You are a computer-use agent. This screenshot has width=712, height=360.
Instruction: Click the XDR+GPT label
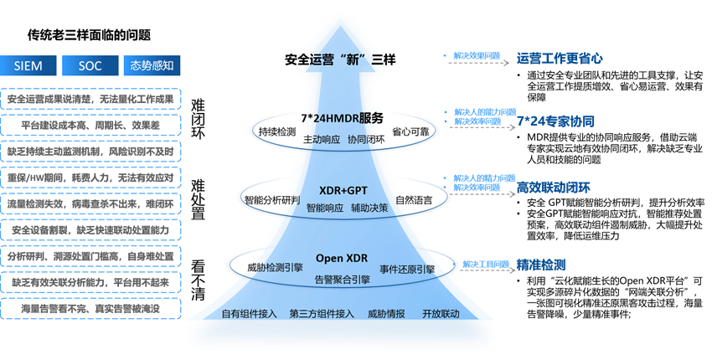[343, 190]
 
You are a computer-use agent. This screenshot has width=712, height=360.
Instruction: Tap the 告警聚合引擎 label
[342, 279]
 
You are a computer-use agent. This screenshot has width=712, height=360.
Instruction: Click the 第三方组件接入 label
[322, 314]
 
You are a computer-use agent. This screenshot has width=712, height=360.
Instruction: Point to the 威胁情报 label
[387, 314]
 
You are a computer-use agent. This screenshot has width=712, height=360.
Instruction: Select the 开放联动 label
[441, 314]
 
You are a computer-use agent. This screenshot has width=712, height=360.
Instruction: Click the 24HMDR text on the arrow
[338, 118]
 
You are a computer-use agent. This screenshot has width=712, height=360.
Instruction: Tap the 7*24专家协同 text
[556, 121]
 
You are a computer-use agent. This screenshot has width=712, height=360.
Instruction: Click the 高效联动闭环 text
[555, 188]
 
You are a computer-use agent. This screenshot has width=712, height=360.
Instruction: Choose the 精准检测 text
[541, 265]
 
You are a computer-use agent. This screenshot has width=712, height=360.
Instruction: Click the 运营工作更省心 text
[559, 59]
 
